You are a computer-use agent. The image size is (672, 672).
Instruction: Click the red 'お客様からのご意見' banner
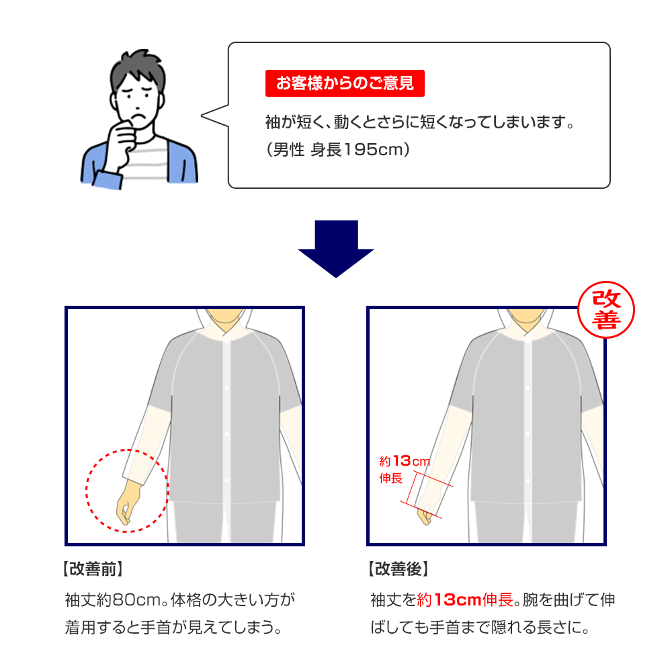[x=345, y=84]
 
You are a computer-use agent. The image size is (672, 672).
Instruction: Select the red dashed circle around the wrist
[x=127, y=490]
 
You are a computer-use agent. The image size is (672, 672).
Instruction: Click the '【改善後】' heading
[x=398, y=570]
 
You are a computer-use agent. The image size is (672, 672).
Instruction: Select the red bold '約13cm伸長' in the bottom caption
[x=465, y=599]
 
